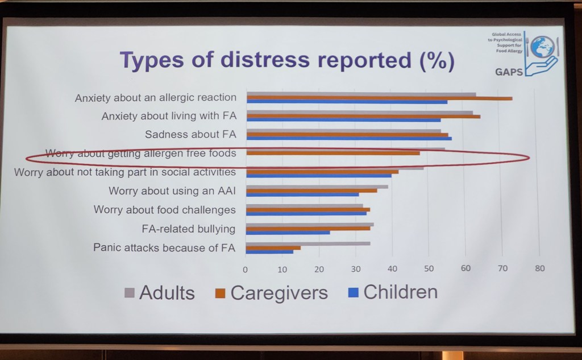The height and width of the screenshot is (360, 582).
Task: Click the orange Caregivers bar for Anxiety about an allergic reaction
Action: [x=379, y=98]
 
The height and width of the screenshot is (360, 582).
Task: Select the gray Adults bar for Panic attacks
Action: [x=308, y=243]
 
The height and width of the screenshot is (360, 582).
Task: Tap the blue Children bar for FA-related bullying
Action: [x=288, y=233]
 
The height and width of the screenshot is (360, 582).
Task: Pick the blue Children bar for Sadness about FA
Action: [x=349, y=138]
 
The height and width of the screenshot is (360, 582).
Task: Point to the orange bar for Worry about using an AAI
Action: [x=311, y=191]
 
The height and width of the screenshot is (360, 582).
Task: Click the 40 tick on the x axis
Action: [x=392, y=268]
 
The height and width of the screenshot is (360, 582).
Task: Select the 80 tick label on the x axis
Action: [x=539, y=268]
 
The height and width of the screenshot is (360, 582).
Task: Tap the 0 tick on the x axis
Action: [x=246, y=268]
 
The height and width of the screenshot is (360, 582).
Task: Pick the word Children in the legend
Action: [x=400, y=292]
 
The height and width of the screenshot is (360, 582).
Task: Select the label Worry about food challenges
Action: [x=165, y=210]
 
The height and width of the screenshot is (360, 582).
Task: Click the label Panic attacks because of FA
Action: [x=164, y=248]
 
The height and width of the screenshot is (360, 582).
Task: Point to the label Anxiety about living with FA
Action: [x=169, y=117]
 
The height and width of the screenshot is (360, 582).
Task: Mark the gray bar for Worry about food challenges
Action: [x=304, y=205]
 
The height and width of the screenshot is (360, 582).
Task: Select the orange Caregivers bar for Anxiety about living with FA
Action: [x=363, y=116]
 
